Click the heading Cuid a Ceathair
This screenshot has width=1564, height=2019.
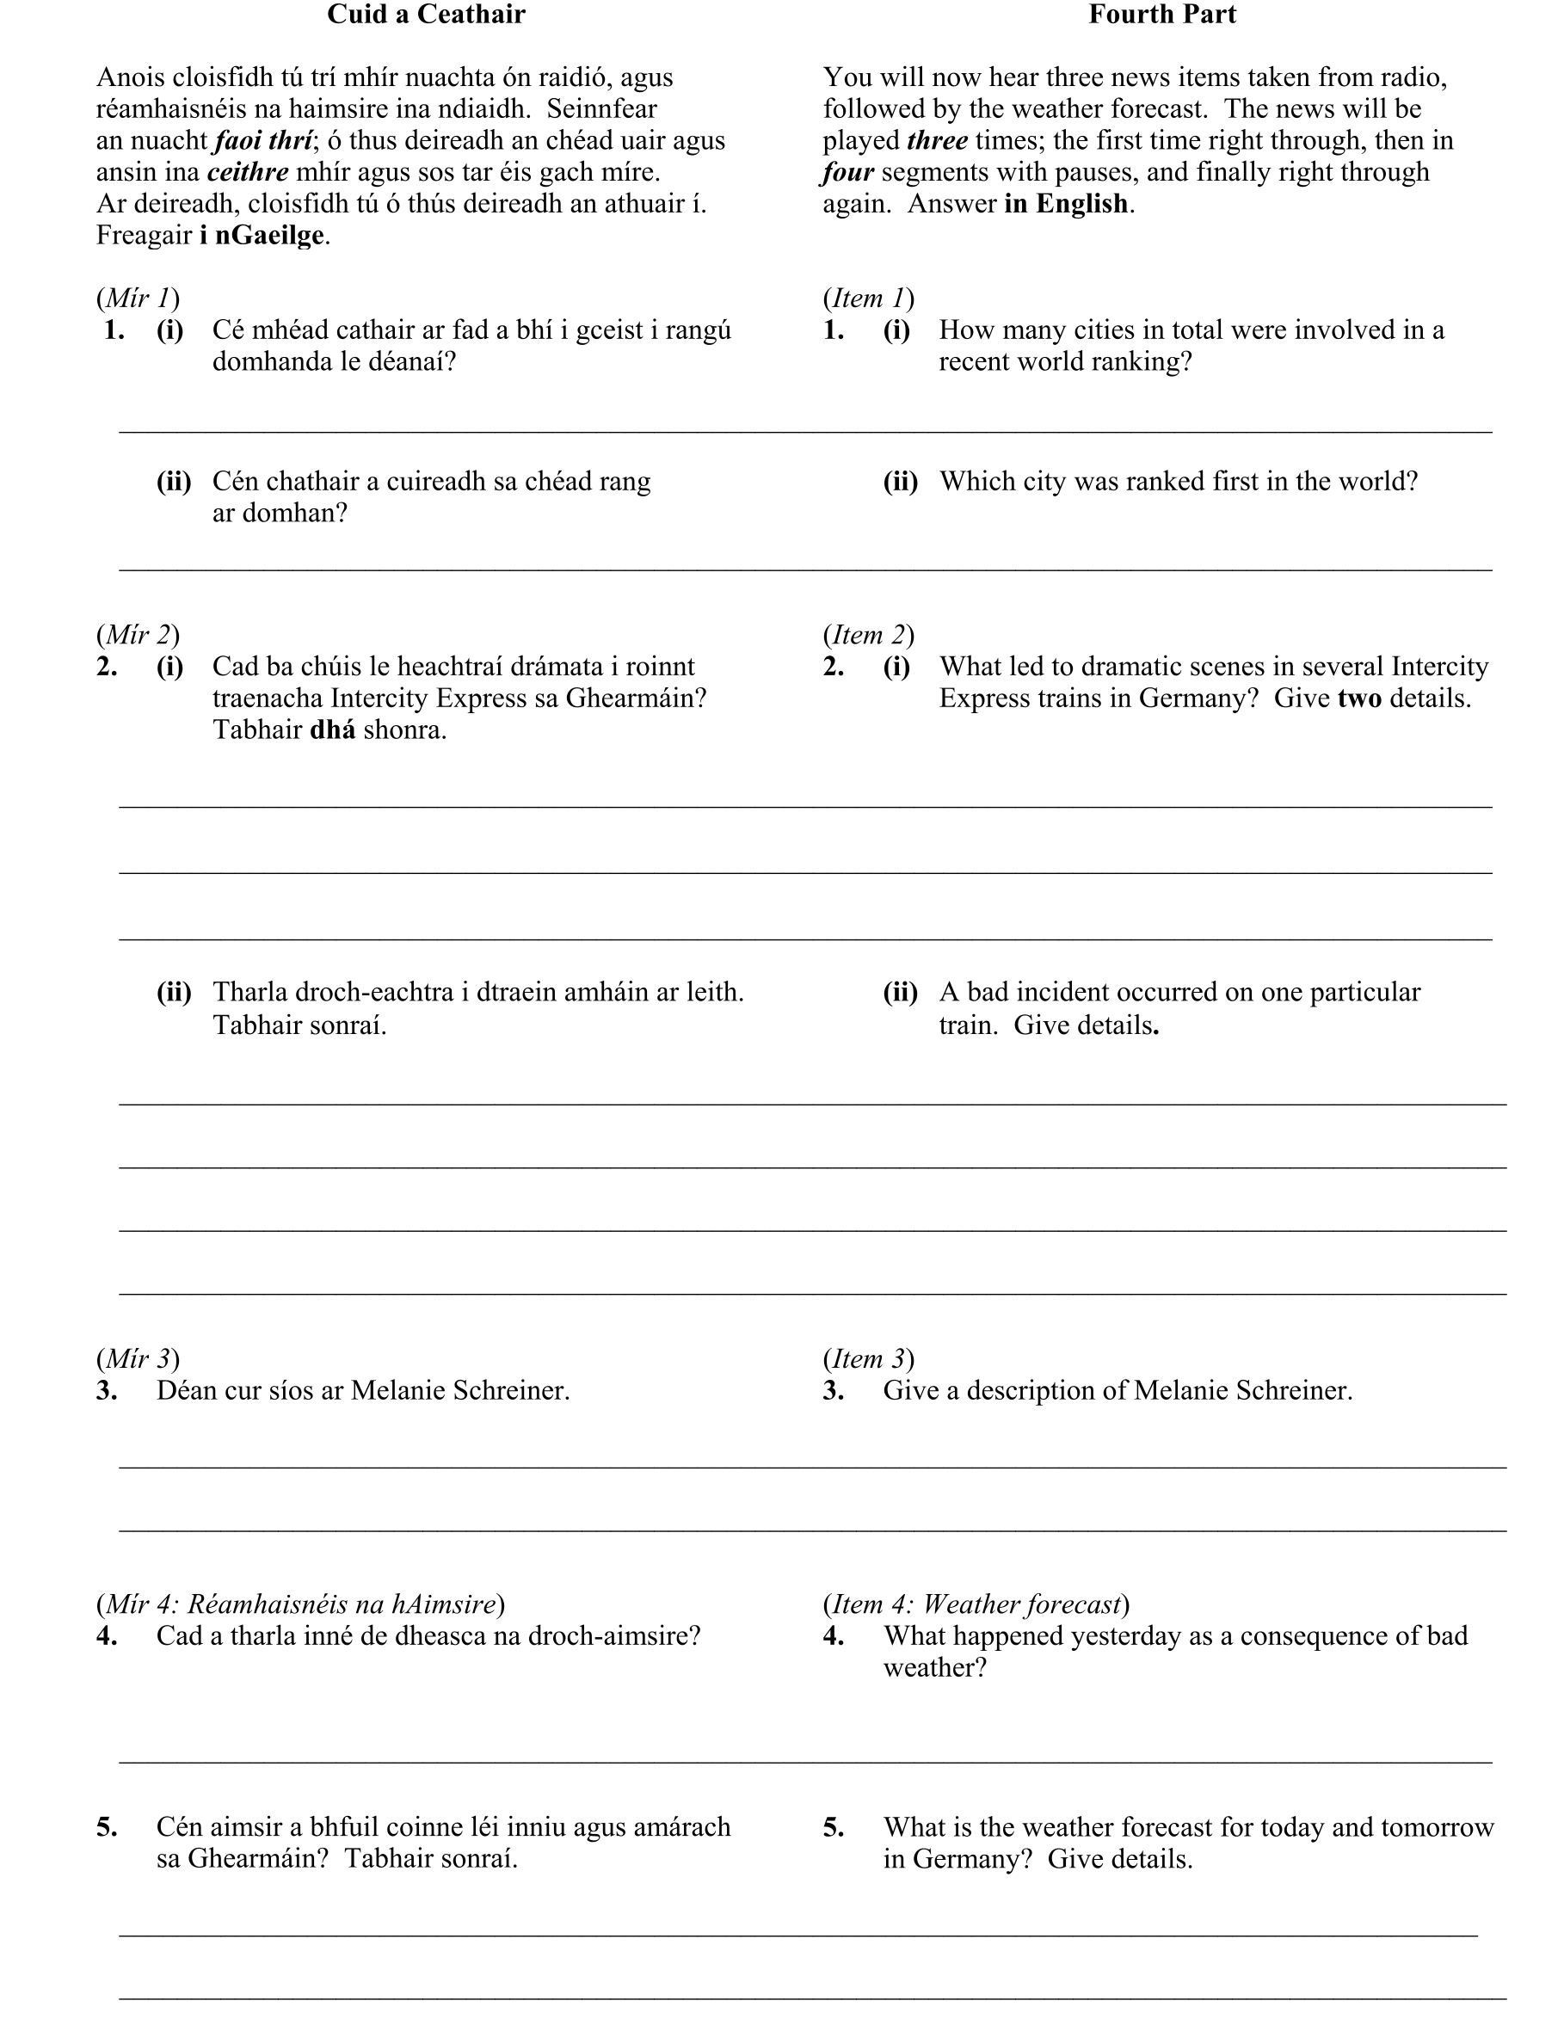click(x=425, y=15)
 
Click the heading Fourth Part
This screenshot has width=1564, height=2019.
click(x=1161, y=15)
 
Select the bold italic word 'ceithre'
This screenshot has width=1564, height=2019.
click(x=248, y=172)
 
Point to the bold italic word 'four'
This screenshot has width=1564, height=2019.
click(x=847, y=172)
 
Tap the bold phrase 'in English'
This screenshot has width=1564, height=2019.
click(x=1066, y=203)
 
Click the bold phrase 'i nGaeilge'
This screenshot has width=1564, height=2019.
click(x=262, y=235)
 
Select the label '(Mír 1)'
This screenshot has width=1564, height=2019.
click(x=138, y=298)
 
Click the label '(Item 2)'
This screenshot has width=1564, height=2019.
click(x=868, y=634)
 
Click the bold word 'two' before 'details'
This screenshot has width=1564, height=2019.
click(x=1358, y=698)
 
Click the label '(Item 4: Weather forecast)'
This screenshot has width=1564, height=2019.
click(x=976, y=1604)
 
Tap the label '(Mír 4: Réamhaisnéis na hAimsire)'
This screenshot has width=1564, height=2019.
click(x=300, y=1604)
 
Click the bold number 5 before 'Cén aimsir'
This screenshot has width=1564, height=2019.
click(x=107, y=1826)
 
